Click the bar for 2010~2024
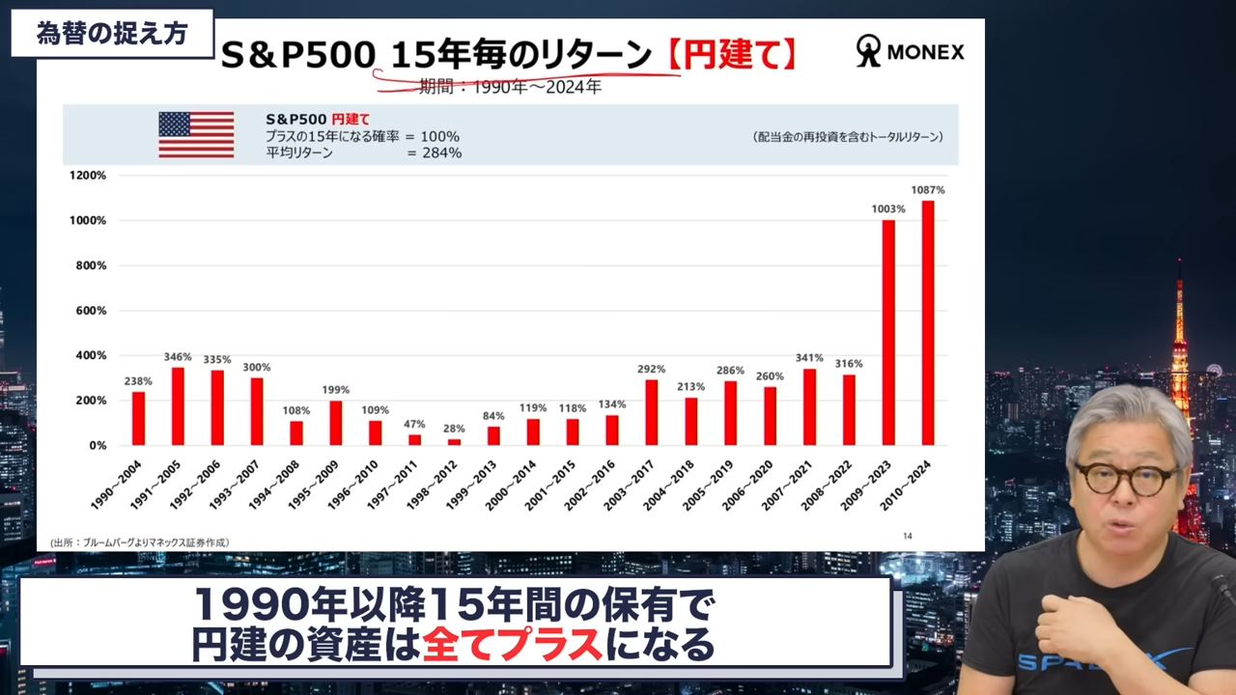(927, 323)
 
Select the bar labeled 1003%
(888, 333)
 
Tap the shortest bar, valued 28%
(454, 442)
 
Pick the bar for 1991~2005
(178, 406)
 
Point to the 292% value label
(651, 368)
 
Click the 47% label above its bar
(415, 424)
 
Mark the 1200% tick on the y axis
(88, 176)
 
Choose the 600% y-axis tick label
(90, 311)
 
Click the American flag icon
(196, 134)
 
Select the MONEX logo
(910, 51)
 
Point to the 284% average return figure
(441, 153)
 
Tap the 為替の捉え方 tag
(111, 34)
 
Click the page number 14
(907, 537)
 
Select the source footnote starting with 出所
(140, 542)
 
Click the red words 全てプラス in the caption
(513, 644)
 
